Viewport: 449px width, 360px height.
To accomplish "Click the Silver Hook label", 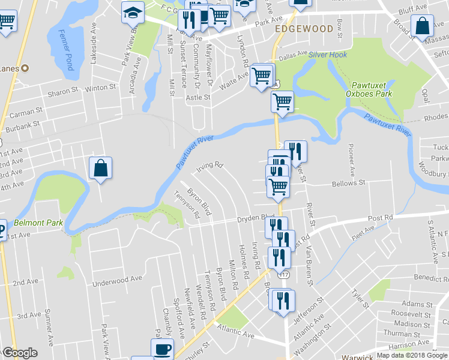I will (x=328, y=55).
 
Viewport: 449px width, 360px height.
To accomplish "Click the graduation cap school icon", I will (x=132, y=12).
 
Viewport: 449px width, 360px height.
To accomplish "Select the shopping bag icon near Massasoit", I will (x=423, y=26).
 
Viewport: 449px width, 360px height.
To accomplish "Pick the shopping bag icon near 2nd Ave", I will (x=100, y=169).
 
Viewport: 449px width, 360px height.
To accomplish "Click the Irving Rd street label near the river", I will (x=211, y=164).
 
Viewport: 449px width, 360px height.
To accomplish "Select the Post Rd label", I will (x=380, y=217).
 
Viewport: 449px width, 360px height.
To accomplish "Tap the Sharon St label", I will (x=63, y=92).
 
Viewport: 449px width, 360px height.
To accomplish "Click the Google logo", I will (x=20, y=353).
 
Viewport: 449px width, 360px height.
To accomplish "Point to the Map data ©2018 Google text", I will (x=411, y=355).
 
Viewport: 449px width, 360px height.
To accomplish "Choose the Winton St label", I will (x=100, y=88).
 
